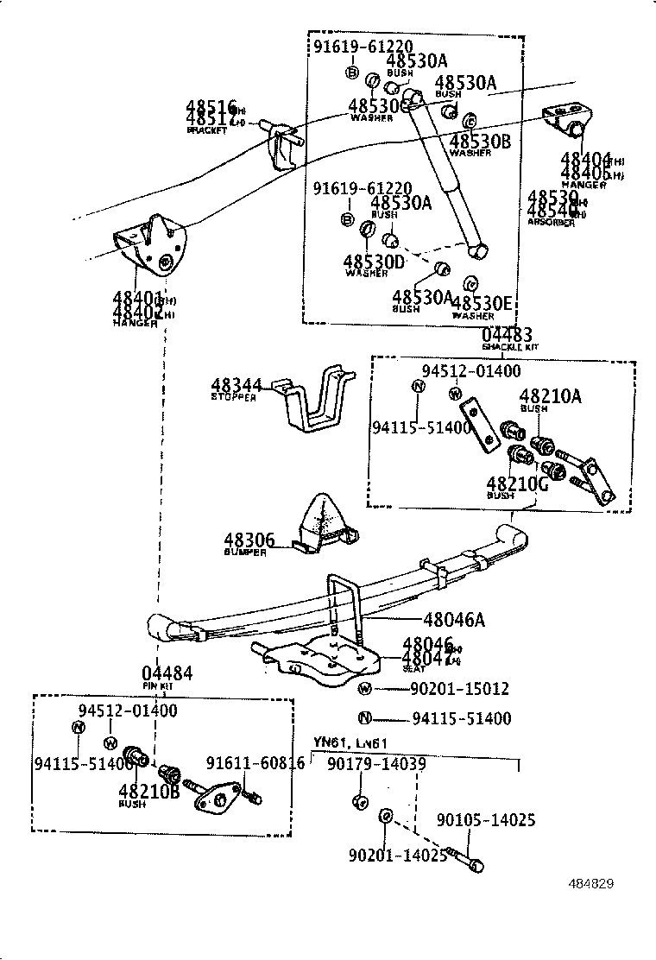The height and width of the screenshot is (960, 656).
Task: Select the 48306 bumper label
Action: pos(249,540)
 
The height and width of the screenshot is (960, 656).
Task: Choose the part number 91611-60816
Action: pos(255,763)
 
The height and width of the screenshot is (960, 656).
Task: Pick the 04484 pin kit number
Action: pos(167,673)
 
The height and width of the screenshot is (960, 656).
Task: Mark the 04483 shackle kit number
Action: pos(507,335)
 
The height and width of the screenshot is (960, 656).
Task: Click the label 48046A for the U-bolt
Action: pos(454,619)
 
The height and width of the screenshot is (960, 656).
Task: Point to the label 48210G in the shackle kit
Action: pos(517,483)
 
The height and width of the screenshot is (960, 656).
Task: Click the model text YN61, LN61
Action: pos(350,743)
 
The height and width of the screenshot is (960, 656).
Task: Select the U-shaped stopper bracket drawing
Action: pos(315,406)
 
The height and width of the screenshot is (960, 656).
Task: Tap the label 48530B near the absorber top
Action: pos(481,142)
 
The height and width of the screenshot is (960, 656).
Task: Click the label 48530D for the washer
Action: pos(374,261)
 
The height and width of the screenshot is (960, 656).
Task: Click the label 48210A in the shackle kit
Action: pos(550,396)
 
